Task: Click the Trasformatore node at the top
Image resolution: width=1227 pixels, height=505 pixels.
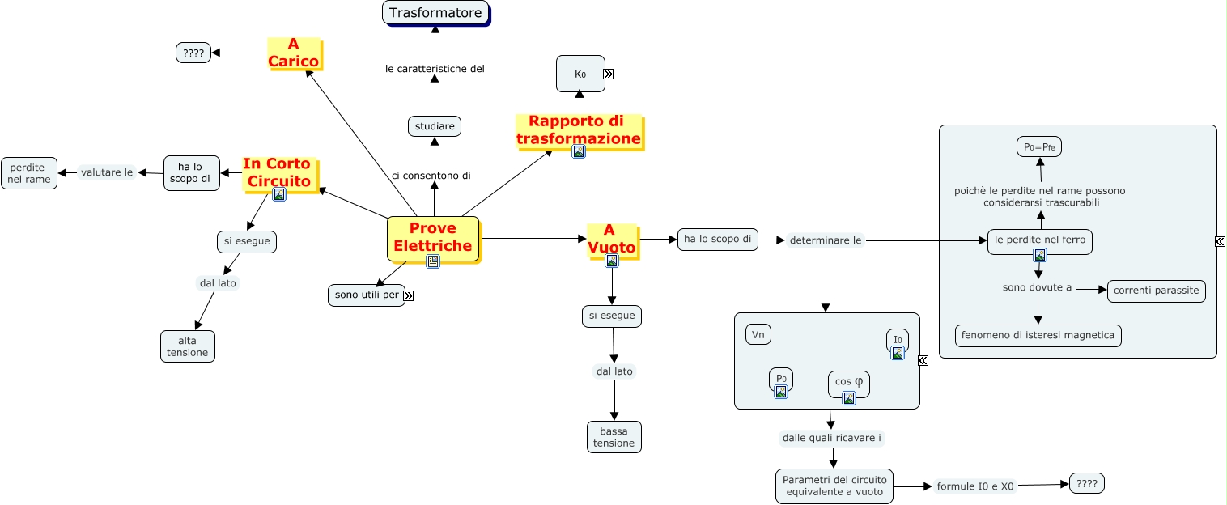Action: pyautogui.click(x=435, y=13)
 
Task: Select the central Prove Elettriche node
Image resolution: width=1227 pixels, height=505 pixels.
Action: pyautogui.click(x=433, y=238)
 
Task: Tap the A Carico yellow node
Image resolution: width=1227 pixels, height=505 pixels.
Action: pyautogui.click(x=294, y=53)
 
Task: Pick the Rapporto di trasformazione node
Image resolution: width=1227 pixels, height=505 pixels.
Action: pyautogui.click(x=578, y=130)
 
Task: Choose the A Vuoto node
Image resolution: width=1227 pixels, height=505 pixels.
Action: pyautogui.click(x=612, y=239)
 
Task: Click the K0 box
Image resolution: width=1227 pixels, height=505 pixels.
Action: pyautogui.click(x=580, y=74)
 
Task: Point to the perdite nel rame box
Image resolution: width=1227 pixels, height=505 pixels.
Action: pyautogui.click(x=29, y=173)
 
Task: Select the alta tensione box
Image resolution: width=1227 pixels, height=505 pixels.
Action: pyautogui.click(x=188, y=346)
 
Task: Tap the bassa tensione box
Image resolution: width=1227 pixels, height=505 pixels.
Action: pyautogui.click(x=614, y=437)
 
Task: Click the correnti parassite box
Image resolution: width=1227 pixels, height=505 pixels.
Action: pyautogui.click(x=1156, y=291)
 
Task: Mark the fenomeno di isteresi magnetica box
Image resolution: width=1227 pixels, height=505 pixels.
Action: pyautogui.click(x=1038, y=335)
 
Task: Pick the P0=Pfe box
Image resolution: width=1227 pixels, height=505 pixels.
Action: pyautogui.click(x=1039, y=146)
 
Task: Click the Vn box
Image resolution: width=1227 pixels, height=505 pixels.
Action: pyautogui.click(x=758, y=334)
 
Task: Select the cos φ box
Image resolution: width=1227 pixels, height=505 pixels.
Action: pyautogui.click(x=848, y=381)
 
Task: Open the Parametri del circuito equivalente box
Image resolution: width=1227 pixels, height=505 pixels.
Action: pyautogui.click(x=834, y=486)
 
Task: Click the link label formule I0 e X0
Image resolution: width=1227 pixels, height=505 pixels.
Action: pyautogui.click(x=974, y=486)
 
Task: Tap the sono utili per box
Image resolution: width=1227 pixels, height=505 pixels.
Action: pyautogui.click(x=367, y=295)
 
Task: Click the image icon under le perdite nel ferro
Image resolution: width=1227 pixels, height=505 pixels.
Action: pyautogui.click(x=1040, y=255)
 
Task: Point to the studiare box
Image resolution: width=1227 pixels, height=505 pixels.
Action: pyautogui.click(x=435, y=126)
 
